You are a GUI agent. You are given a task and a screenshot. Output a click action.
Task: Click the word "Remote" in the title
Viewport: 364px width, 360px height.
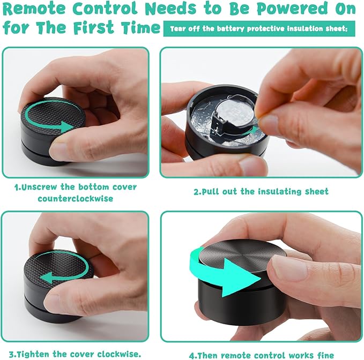34,9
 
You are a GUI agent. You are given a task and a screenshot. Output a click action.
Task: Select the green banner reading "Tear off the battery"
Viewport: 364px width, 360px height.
259,29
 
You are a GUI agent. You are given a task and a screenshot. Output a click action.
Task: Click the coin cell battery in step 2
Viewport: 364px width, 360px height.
234,115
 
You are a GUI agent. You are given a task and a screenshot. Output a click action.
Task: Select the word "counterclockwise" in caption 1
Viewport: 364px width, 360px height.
76,199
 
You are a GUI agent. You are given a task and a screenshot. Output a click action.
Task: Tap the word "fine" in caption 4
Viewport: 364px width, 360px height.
325,355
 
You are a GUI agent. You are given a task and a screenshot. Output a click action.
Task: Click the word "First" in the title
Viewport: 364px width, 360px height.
94,27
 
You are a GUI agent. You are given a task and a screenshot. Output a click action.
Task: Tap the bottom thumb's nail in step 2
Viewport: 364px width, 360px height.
252,165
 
